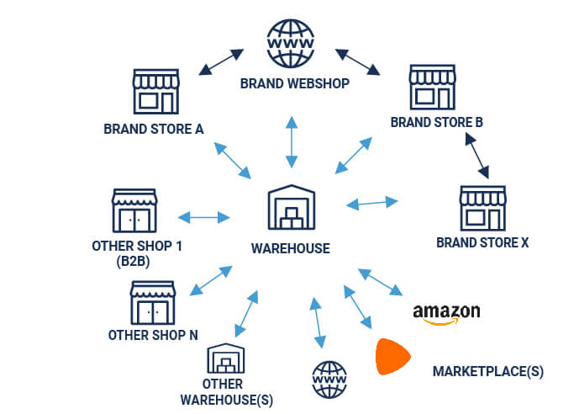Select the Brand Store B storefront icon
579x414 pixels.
tap(432, 88)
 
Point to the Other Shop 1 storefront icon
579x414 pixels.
tap(134, 210)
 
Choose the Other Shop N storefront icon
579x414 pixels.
tap(153, 302)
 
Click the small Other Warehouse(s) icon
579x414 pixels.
tap(225, 359)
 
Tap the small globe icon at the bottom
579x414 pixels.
tap(329, 380)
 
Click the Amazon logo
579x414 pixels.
tap(446, 312)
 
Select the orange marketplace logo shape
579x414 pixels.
tap(392, 357)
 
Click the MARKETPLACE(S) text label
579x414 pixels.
tap(487, 371)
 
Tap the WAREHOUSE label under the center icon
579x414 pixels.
tap(290, 249)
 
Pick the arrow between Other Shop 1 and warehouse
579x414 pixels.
tap(204, 217)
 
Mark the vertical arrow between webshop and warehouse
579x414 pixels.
tap(291, 141)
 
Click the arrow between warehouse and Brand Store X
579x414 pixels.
tap(372, 203)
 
